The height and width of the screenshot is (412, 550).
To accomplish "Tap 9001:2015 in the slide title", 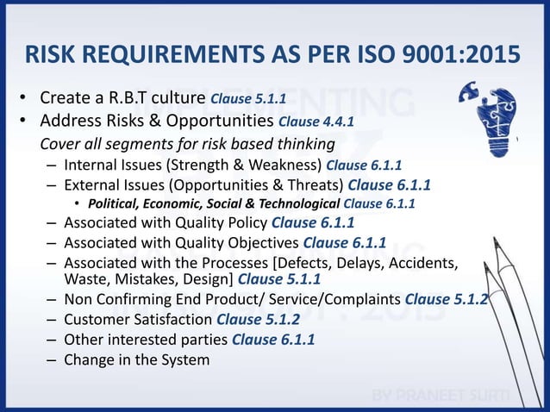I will tap(465, 55).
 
